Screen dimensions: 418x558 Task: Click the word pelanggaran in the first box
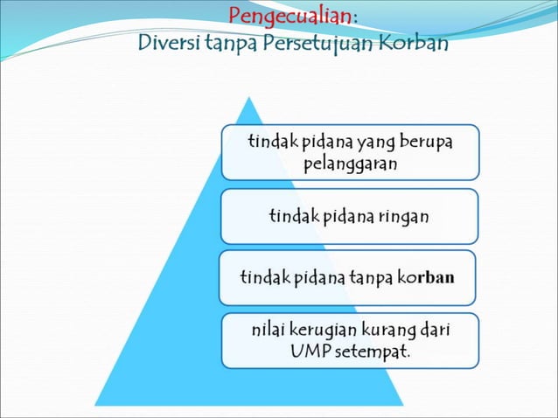(350, 163)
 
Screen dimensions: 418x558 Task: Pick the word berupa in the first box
(428, 142)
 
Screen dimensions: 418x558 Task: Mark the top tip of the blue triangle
(252, 97)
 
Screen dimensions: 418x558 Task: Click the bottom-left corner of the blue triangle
(95, 404)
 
